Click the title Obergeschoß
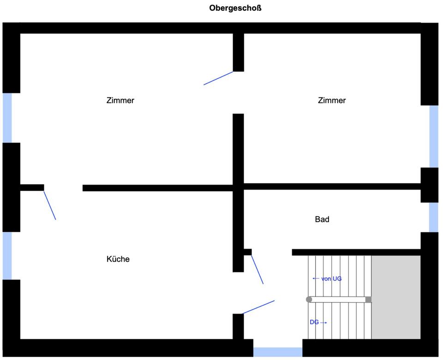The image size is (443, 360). click(235, 8)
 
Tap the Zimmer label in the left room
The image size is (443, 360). click(120, 100)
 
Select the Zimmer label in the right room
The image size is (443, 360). click(332, 100)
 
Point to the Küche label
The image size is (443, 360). click(118, 259)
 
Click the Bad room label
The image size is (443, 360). click(322, 219)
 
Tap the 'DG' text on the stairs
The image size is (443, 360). click(314, 322)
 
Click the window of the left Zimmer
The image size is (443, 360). click(7, 118)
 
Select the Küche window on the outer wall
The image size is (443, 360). click(7, 256)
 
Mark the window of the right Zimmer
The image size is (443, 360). click(434, 136)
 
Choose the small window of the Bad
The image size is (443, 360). click(434, 217)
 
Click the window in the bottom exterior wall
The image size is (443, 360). click(278, 352)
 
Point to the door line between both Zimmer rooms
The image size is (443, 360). click(218, 78)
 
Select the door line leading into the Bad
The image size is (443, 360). click(257, 270)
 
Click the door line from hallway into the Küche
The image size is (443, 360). click(258, 307)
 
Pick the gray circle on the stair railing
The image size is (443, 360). click(309, 300)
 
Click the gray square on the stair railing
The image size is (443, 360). click(368, 300)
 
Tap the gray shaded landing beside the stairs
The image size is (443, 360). click(396, 297)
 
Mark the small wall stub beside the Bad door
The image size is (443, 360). click(248, 252)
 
